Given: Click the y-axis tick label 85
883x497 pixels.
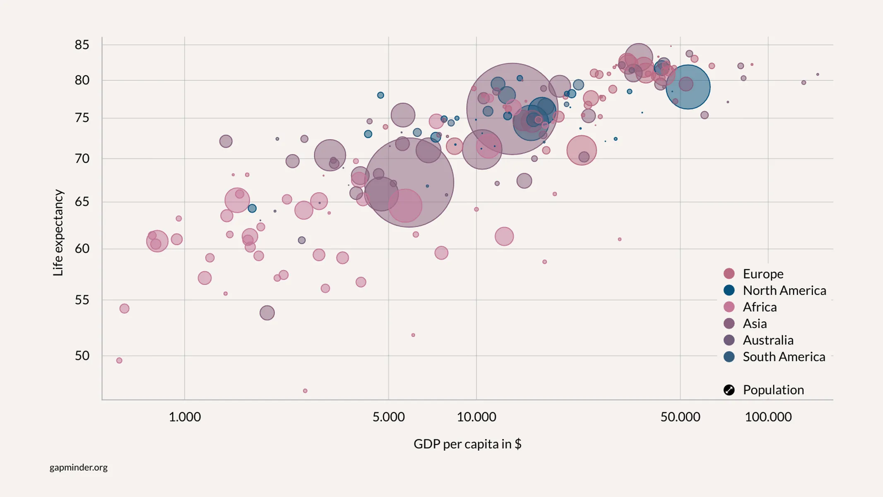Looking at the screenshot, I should pyautogui.click(x=82, y=45).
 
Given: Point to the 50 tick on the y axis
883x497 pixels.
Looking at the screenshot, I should pyautogui.click(x=82, y=356).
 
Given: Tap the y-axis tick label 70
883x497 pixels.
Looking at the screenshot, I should pyautogui.click(x=82, y=159).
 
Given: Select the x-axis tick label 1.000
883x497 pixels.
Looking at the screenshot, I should pyautogui.click(x=185, y=417).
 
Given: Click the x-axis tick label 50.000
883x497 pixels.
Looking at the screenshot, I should pyautogui.click(x=680, y=417).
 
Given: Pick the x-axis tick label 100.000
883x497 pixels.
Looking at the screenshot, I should pyautogui.click(x=768, y=417).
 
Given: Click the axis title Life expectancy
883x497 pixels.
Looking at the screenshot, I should pyautogui.click(x=58, y=233).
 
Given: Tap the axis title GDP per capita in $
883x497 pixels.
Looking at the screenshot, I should pyautogui.click(x=467, y=444).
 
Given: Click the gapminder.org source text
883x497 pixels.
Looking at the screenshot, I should pyautogui.click(x=79, y=468).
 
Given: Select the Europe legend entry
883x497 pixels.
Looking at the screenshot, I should pyautogui.click(x=763, y=274).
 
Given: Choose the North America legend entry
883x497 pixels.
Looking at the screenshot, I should pyautogui.click(x=784, y=290).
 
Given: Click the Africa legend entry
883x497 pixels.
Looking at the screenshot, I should pyautogui.click(x=759, y=307).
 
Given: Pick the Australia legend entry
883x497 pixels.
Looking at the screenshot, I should pyautogui.click(x=768, y=340).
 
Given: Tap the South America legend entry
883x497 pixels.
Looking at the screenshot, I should pyautogui.click(x=784, y=357).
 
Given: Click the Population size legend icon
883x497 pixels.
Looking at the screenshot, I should pyautogui.click(x=729, y=390).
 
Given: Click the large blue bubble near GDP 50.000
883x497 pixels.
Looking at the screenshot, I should pyautogui.click(x=688, y=87).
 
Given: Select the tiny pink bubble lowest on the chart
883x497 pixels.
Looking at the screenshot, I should pyautogui.click(x=305, y=391).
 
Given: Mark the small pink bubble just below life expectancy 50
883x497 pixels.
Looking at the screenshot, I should pyautogui.click(x=119, y=361).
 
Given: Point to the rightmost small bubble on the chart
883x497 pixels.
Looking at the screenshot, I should pyautogui.click(x=818, y=75).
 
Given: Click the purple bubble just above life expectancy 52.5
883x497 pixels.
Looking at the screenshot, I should pyautogui.click(x=267, y=313).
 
